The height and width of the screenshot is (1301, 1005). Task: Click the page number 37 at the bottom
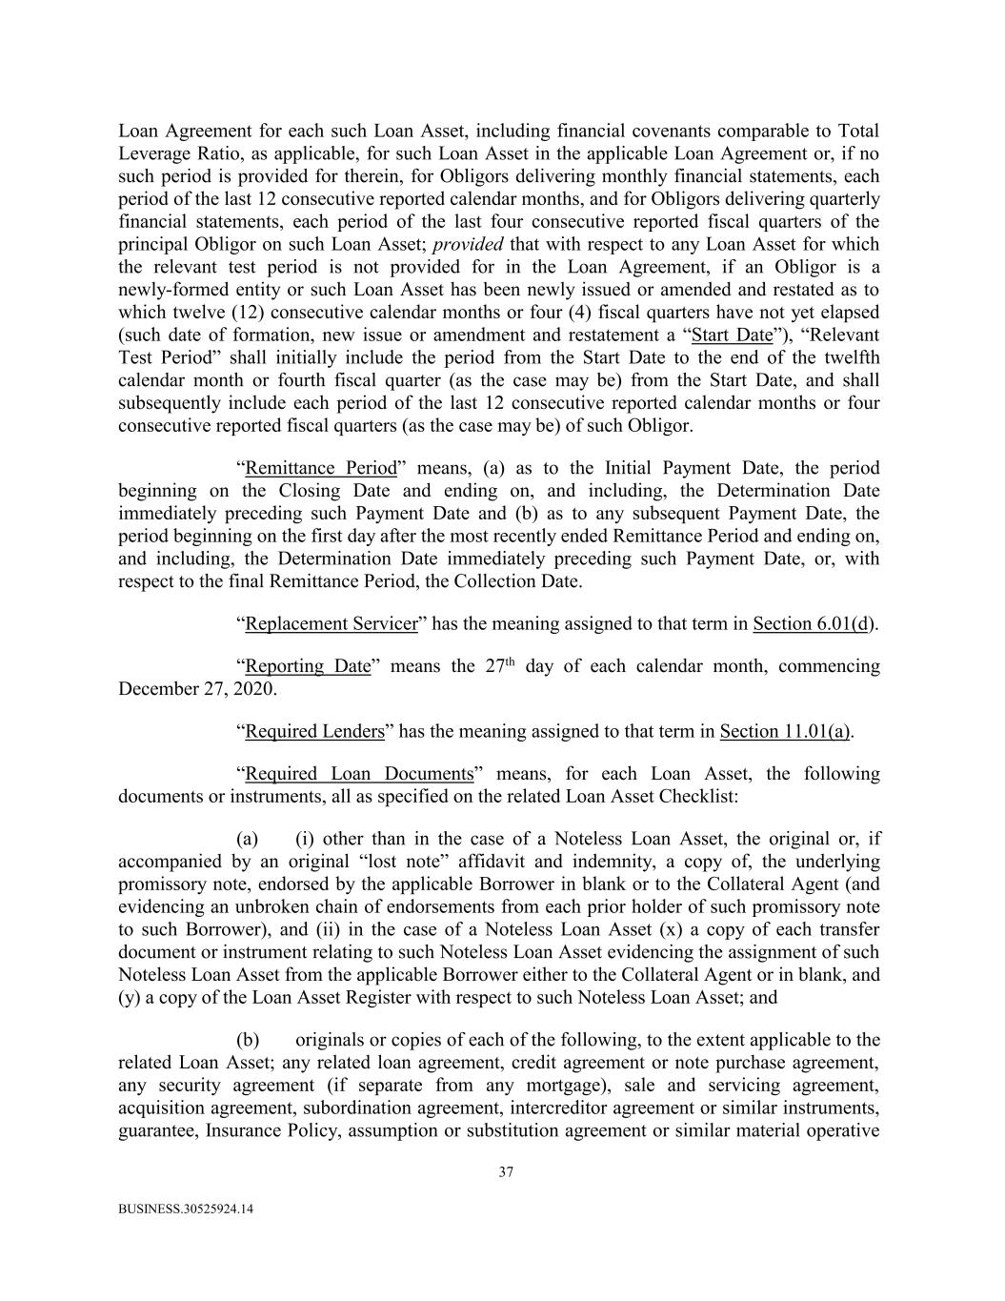click(506, 1172)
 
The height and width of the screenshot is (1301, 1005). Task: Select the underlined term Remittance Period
click(320, 468)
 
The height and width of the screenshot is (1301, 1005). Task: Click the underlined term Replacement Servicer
click(332, 623)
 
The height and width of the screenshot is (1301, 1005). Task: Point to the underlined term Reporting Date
click(307, 666)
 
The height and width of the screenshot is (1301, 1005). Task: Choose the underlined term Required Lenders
click(314, 731)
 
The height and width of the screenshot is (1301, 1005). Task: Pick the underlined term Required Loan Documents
click(359, 773)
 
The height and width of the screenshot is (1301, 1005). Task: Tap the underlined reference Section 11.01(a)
click(785, 731)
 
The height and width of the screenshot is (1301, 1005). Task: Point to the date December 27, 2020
click(196, 688)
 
